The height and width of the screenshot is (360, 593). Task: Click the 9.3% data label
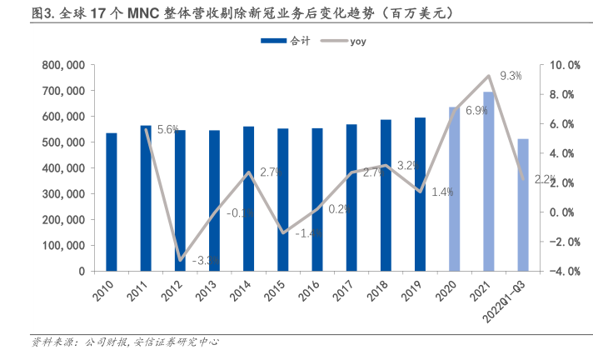(x=511, y=77)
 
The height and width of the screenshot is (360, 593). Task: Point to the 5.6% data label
(x=168, y=129)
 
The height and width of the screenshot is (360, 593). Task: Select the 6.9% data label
(x=476, y=111)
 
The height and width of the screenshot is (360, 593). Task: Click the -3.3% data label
(x=205, y=261)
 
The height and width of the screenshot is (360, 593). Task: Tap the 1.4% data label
(x=442, y=192)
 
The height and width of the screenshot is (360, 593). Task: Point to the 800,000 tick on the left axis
(x=63, y=65)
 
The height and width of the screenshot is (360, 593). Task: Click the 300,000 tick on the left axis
(x=63, y=193)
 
